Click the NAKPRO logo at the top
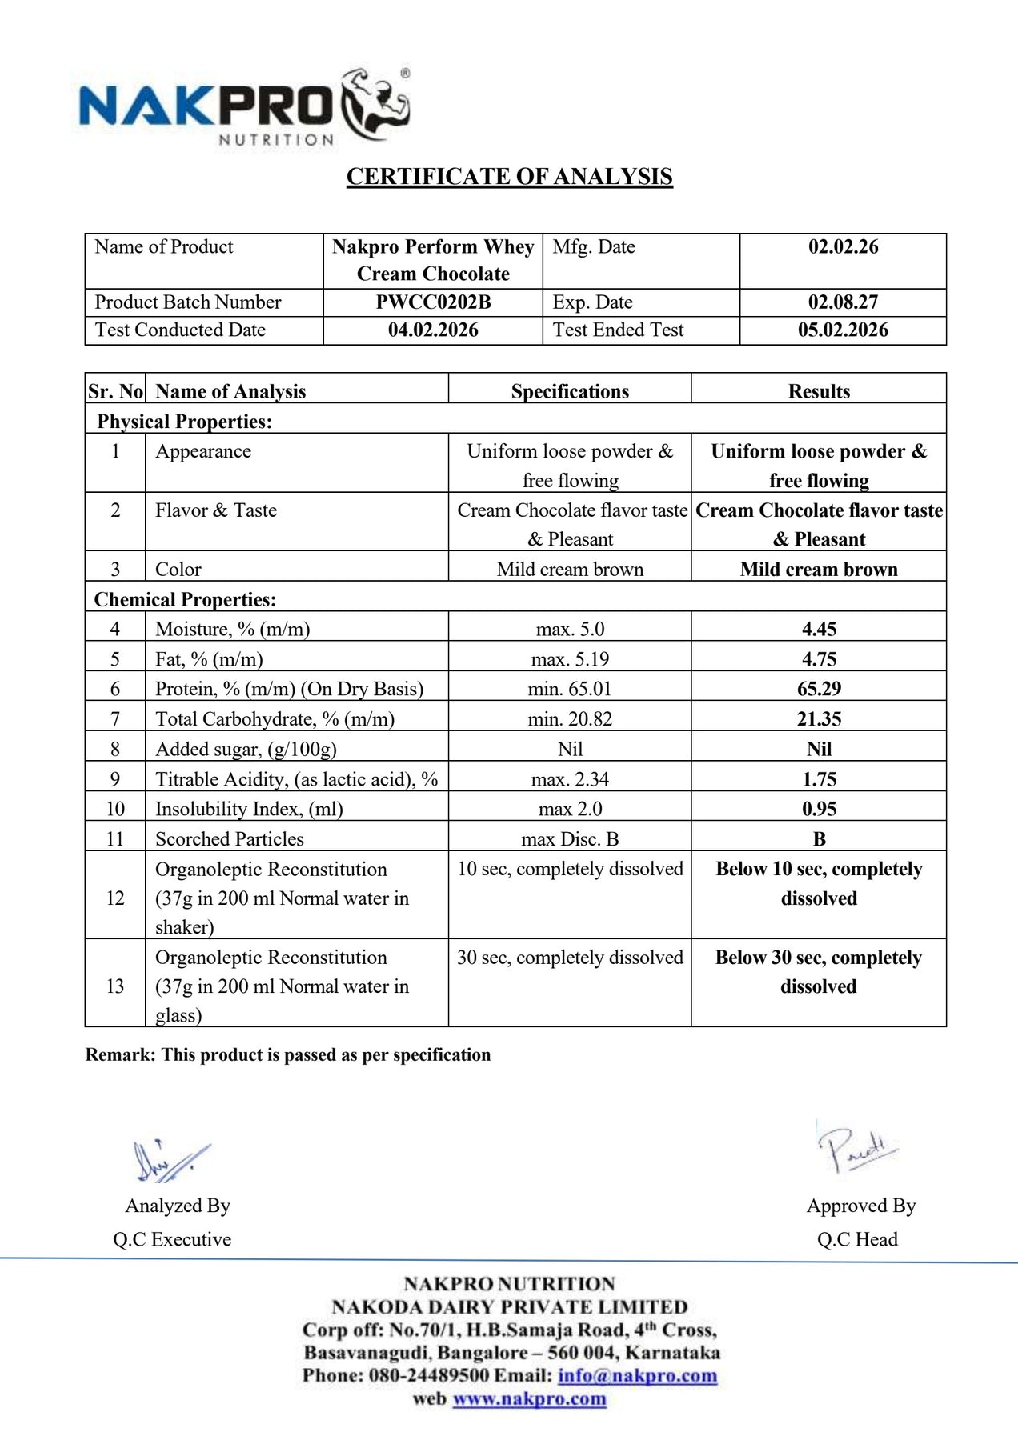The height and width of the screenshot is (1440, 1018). [244, 108]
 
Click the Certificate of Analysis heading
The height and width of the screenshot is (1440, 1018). [509, 177]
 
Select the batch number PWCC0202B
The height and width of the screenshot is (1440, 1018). [433, 302]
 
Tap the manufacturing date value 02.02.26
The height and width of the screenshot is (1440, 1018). [843, 247]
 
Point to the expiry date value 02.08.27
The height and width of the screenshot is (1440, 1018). [843, 302]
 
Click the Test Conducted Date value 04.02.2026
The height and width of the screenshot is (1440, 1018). [433, 330]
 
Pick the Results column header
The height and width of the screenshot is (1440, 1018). [819, 391]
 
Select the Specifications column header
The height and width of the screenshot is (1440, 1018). [570, 391]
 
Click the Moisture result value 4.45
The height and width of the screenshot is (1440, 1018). [819, 630]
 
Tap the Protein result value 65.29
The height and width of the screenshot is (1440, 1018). [819, 689]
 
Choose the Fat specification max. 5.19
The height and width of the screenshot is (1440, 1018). [570, 659]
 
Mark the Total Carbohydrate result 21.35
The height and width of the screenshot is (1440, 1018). [819, 719]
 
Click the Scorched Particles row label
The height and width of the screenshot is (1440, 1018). [230, 839]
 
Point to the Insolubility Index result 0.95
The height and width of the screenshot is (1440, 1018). [819, 809]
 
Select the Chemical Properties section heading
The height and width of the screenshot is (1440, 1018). [185, 600]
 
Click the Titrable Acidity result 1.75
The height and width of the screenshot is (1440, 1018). [819, 779]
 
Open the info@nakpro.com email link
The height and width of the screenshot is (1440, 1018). [637, 1376]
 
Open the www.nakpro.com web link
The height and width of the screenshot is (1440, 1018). [529, 1399]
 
